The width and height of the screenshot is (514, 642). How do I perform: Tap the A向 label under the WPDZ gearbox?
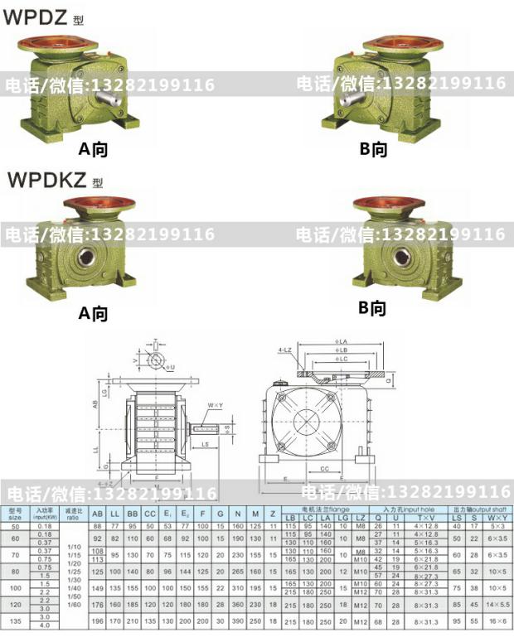(93, 149)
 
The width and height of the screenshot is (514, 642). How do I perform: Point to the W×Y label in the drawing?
(216, 405)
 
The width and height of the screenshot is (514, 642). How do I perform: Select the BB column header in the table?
(133, 514)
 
